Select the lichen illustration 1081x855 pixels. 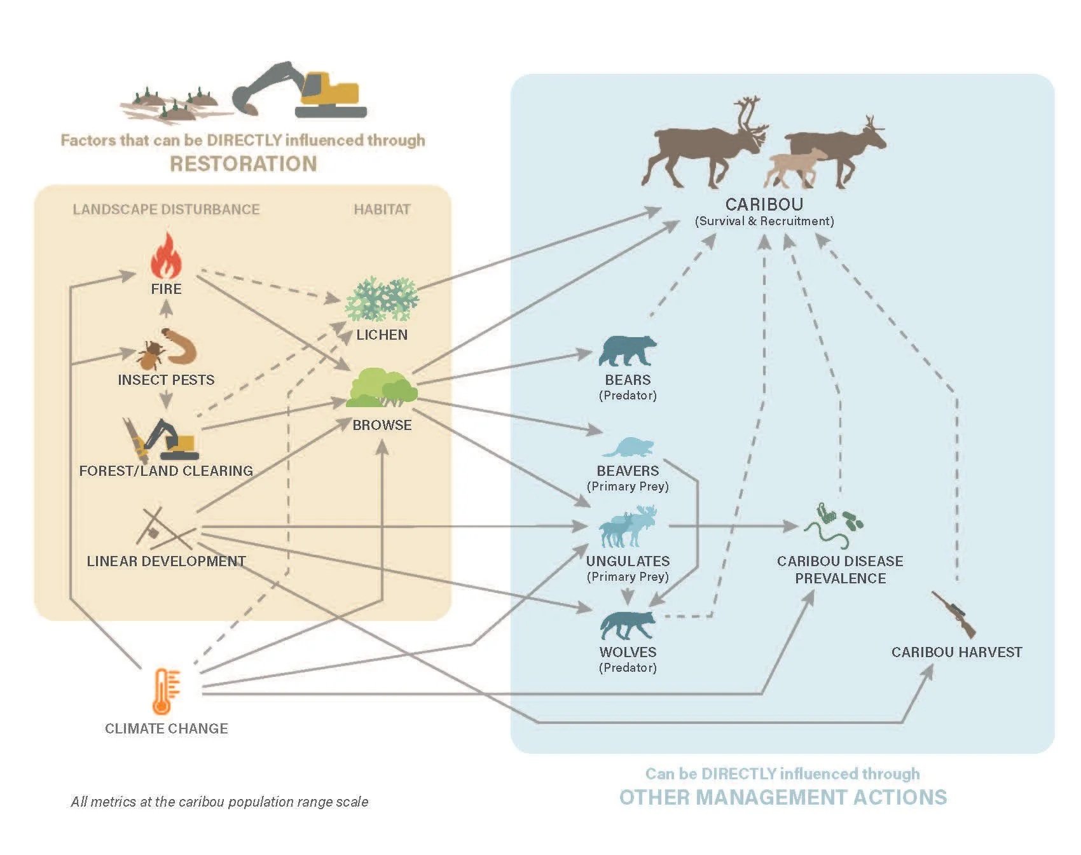(382, 299)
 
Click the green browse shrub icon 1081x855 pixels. (382, 388)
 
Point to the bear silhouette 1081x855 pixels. (628, 351)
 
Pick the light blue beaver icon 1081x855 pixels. (628, 447)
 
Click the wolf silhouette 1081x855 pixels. (628, 625)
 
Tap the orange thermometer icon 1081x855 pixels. (165, 692)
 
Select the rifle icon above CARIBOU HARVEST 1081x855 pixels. (953, 614)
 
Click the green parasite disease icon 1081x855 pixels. (834, 526)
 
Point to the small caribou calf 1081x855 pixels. (795, 167)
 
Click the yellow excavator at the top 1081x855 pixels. (299, 90)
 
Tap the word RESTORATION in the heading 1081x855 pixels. (244, 164)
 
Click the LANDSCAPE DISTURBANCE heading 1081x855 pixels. (166, 209)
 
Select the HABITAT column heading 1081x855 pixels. (382, 209)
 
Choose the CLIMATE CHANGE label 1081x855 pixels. (167, 728)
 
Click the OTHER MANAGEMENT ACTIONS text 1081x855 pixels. (783, 797)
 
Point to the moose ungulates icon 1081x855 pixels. (628, 526)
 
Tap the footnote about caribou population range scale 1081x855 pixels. (220, 802)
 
